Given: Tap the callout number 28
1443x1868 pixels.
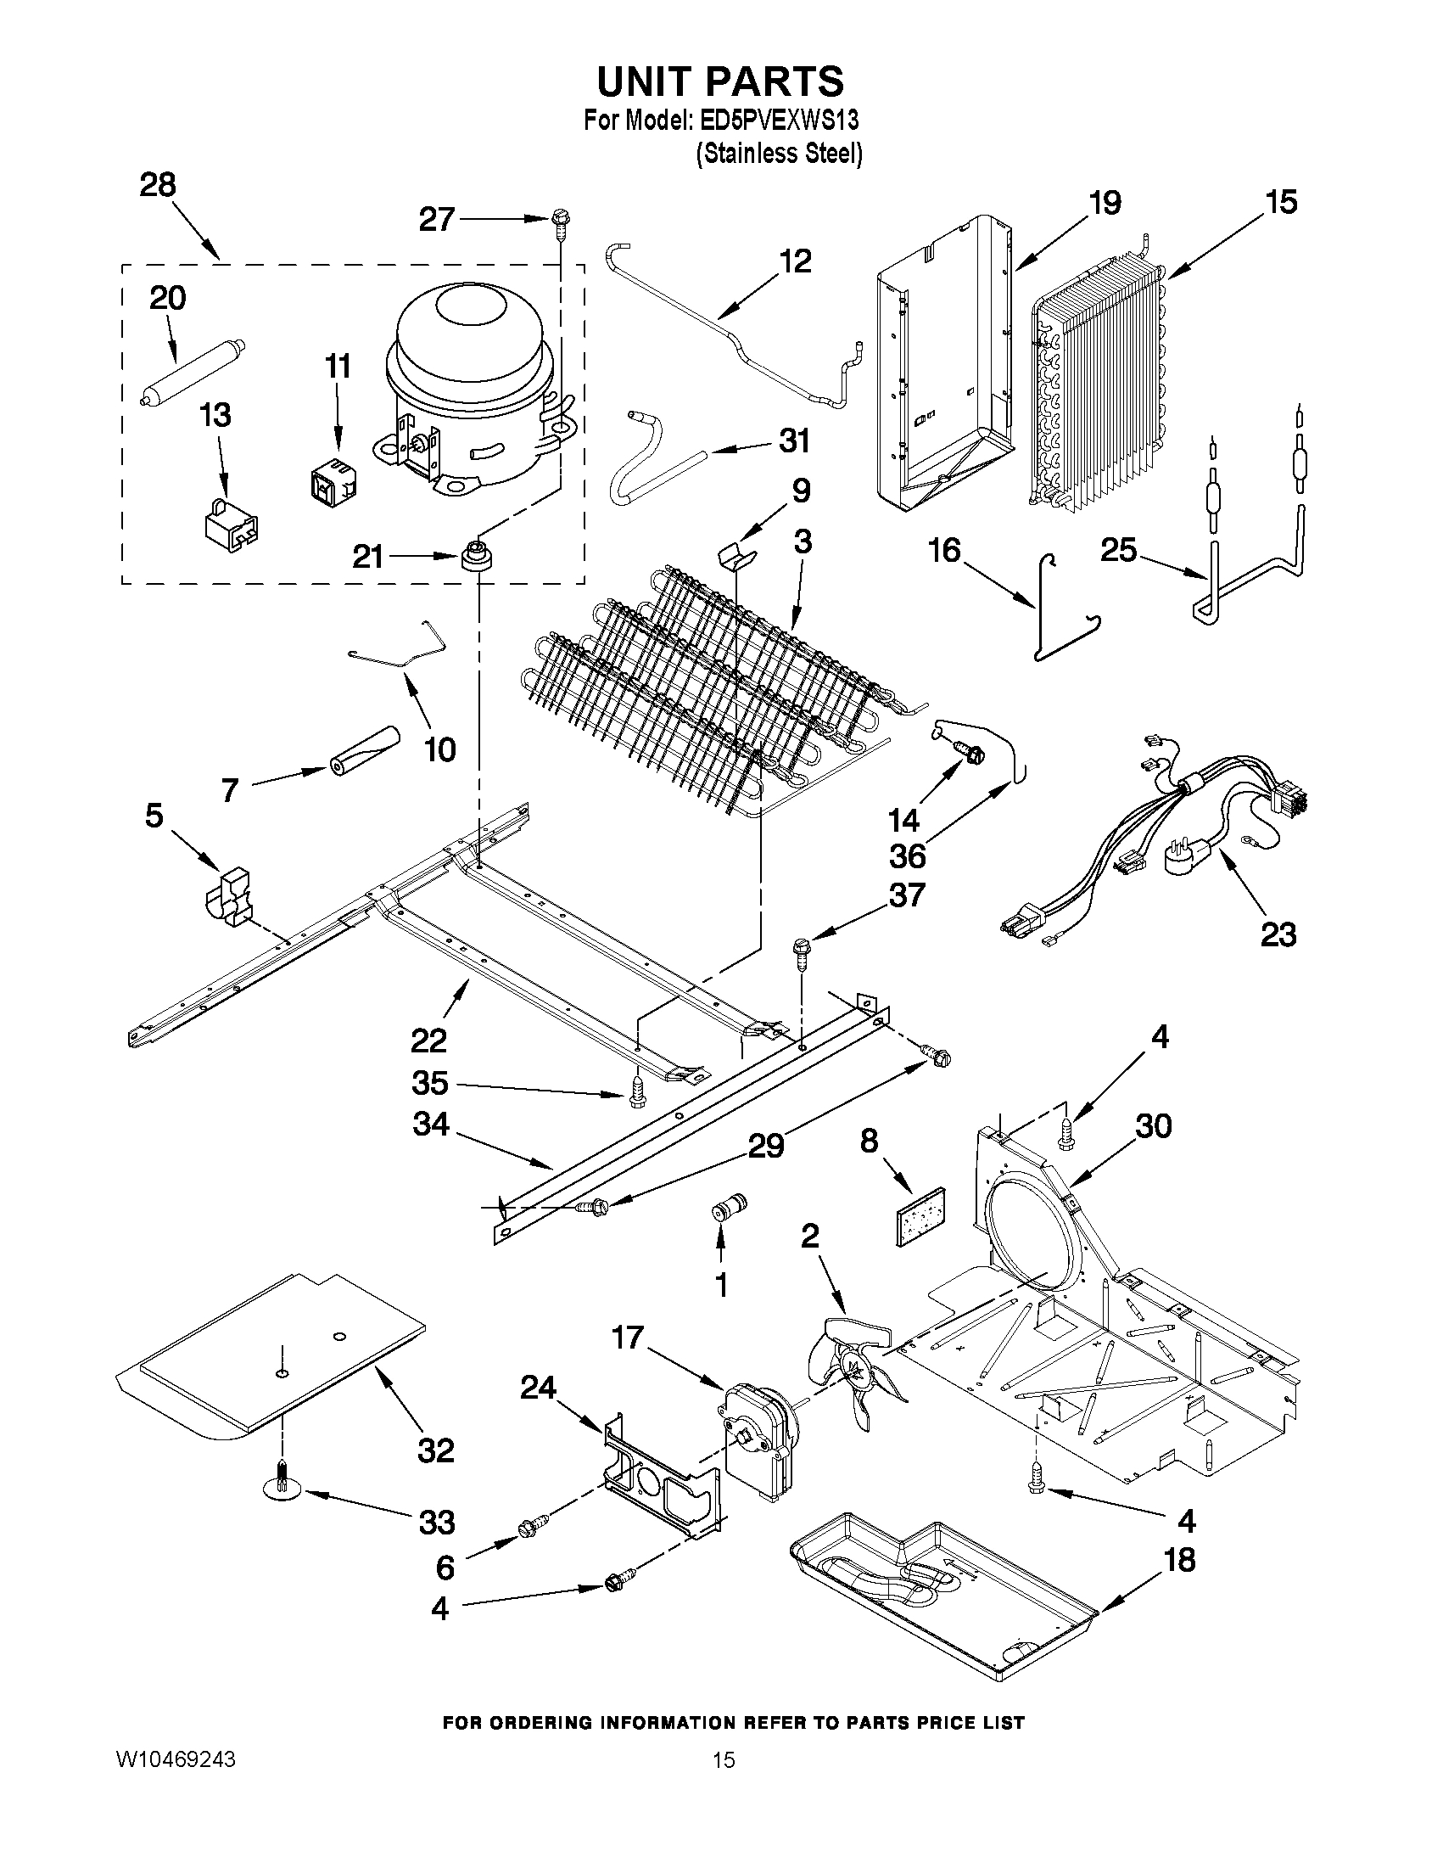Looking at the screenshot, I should (158, 185).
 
